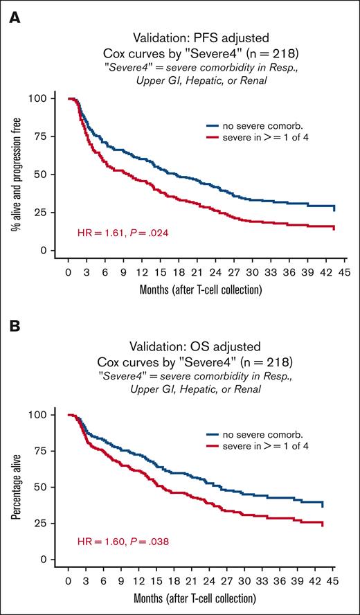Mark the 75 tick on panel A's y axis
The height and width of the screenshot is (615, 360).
coord(51,136)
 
